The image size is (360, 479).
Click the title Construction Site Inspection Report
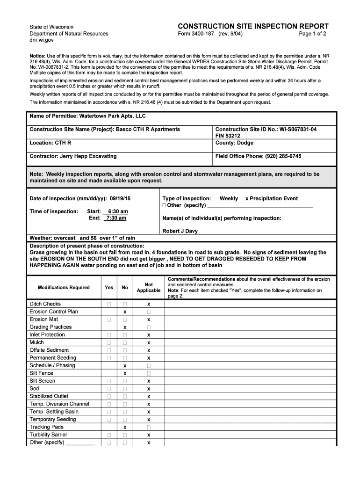pyautogui.click(x=253, y=26)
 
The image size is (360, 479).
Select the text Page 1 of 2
pyautogui.click(x=312, y=34)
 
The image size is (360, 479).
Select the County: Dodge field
pyautogui.click(x=234, y=143)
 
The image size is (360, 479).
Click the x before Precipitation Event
pyautogui.click(x=247, y=198)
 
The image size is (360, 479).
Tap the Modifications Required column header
pyautogui.click(x=64, y=287)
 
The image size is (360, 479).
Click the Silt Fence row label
pyautogui.click(x=42, y=373)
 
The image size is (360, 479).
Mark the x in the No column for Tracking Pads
pyautogui.click(x=125, y=428)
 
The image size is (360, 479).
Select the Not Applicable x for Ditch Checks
pyautogui.click(x=149, y=304)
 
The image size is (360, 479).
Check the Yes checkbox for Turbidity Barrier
pyautogui.click(x=109, y=435)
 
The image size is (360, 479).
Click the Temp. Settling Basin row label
pyautogui.click(x=54, y=412)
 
